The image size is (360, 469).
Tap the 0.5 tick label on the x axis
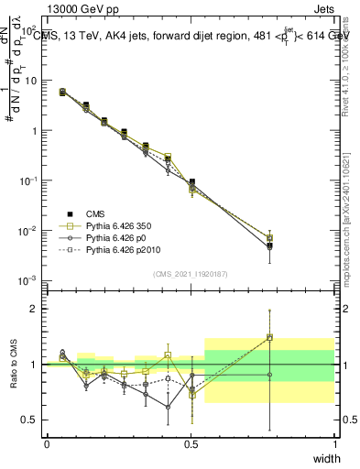click(191, 443)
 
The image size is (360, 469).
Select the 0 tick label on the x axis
click(47, 443)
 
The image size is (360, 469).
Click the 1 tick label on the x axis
click(333, 443)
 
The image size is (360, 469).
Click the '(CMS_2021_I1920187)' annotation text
click(190, 273)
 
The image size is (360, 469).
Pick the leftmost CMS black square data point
click(62, 92)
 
